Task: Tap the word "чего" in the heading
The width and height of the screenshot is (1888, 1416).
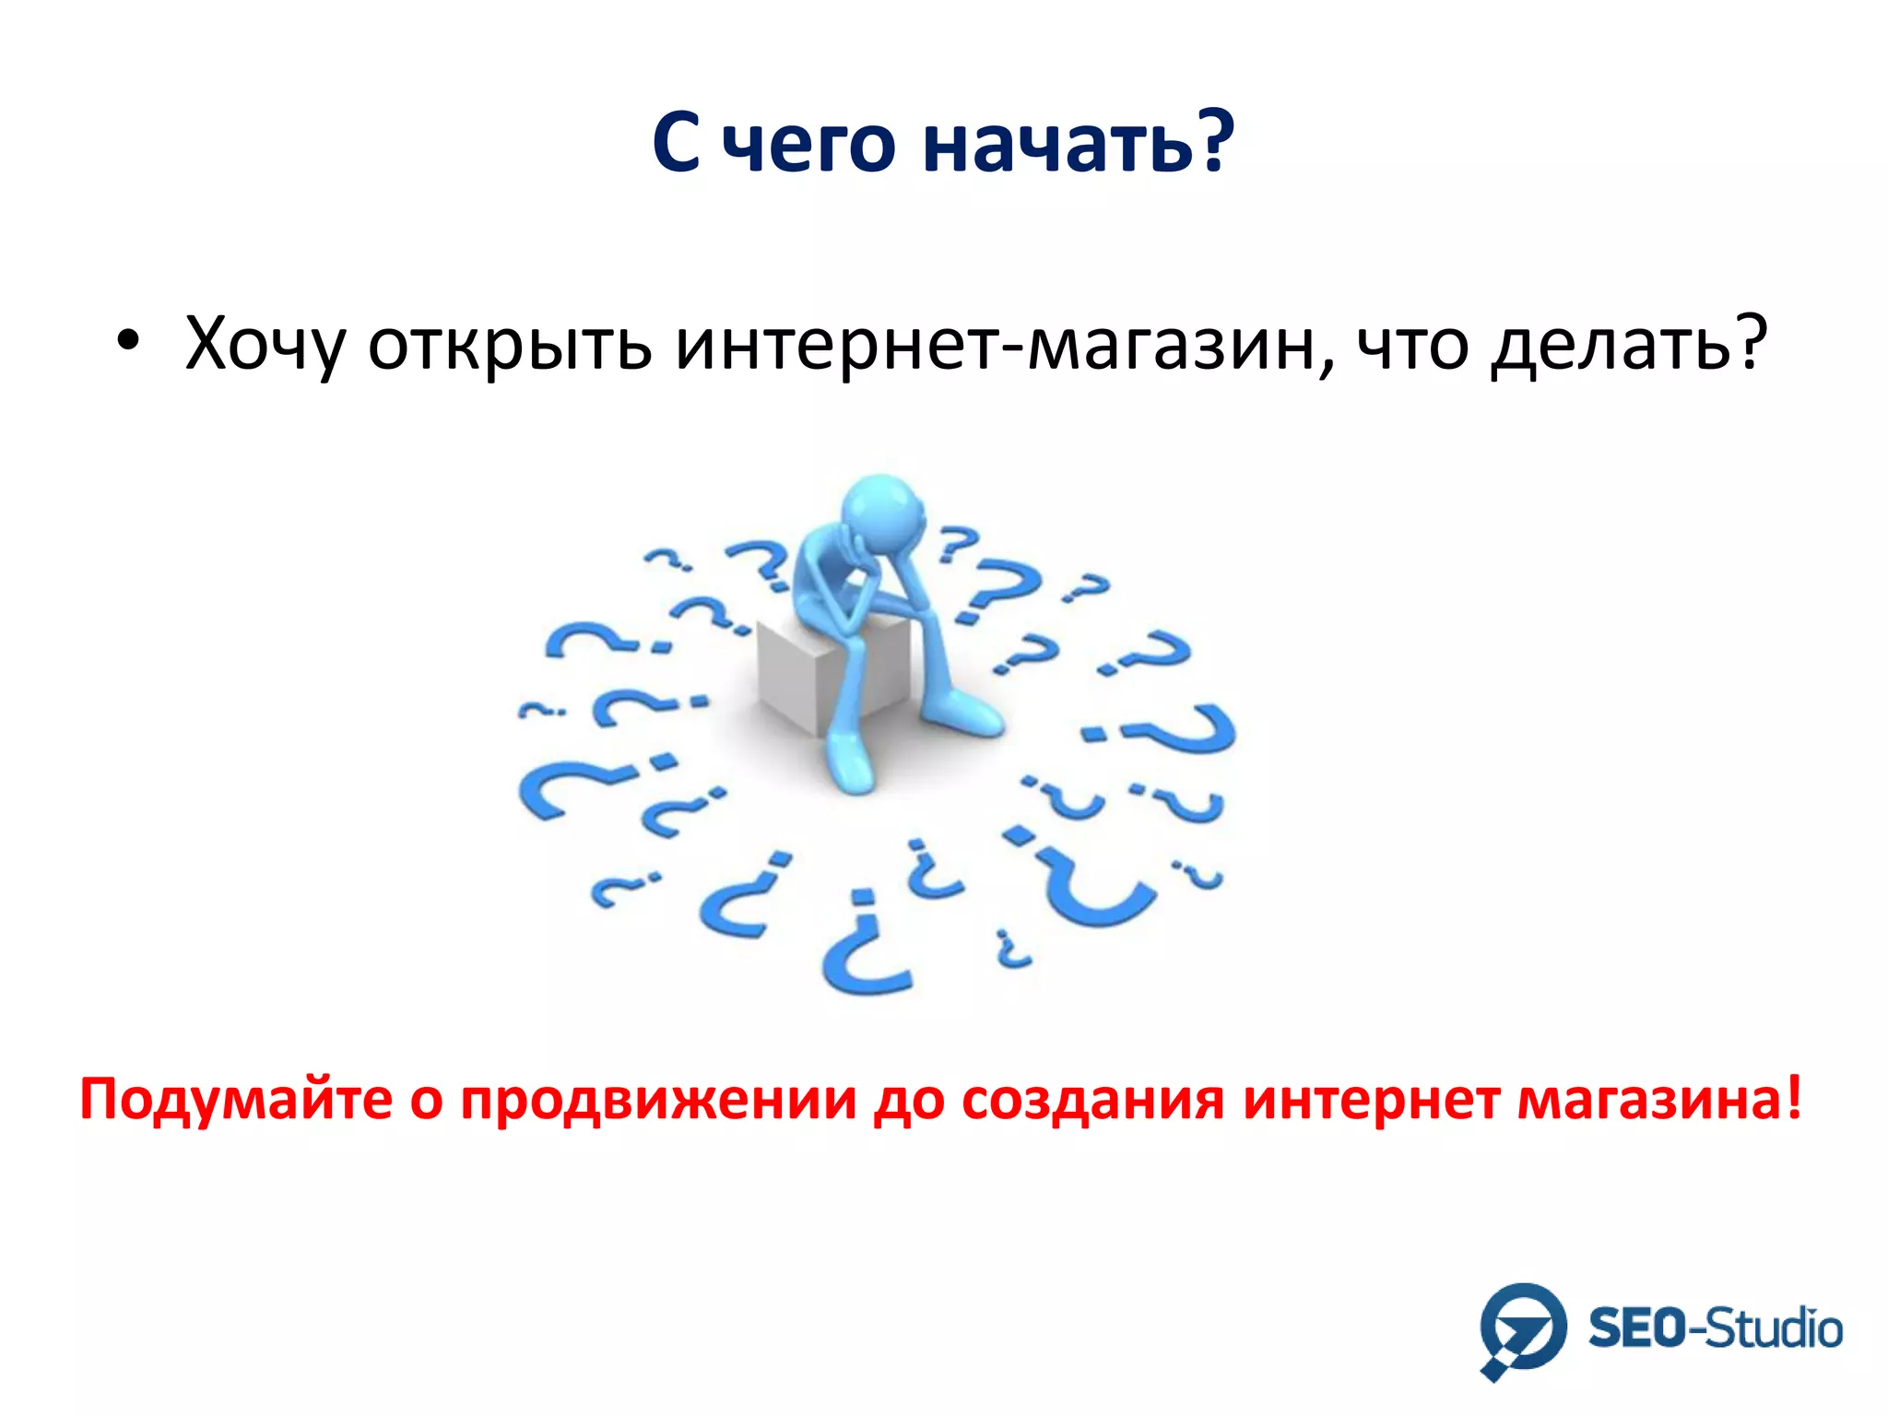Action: point(808,146)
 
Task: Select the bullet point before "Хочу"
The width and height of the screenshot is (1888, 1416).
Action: point(128,342)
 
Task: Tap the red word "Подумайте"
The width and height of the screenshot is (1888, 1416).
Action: point(236,1100)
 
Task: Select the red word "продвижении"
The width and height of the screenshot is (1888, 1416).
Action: point(658,1100)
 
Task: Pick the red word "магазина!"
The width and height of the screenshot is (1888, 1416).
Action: point(1659,1100)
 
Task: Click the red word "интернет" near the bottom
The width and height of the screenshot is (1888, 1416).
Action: point(1370,1100)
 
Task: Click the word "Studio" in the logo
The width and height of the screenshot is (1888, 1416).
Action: point(1776,1329)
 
